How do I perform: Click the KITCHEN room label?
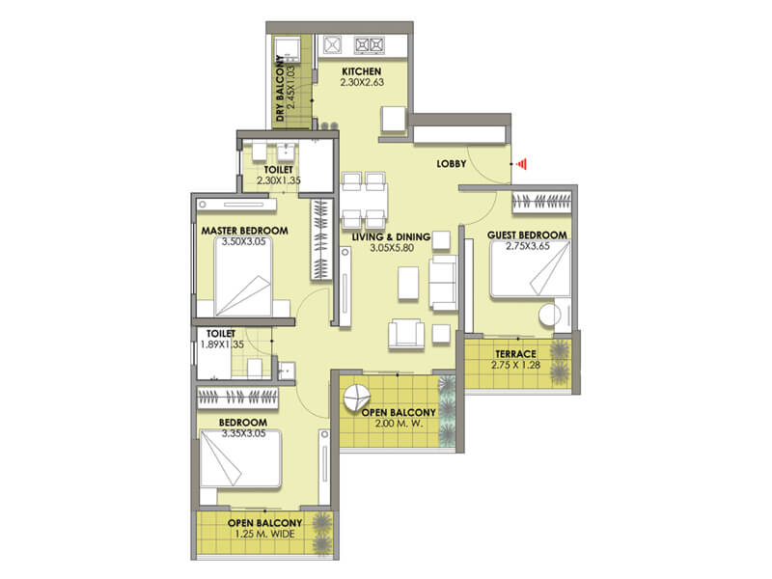(362, 72)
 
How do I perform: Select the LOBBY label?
(451, 164)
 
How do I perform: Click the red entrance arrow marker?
(521, 164)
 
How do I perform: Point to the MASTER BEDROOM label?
(244, 232)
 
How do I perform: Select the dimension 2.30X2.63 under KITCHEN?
(362, 84)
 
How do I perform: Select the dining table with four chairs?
(365, 198)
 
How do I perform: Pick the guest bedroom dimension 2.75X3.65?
(526, 248)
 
